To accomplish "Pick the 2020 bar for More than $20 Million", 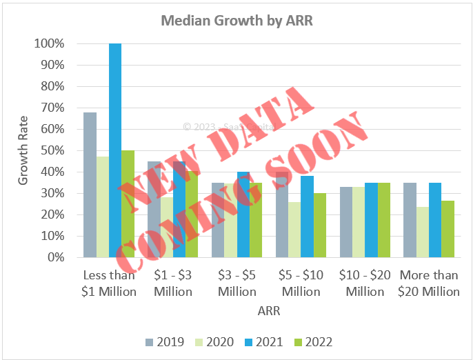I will [422, 232].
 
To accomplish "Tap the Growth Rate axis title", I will [23, 150].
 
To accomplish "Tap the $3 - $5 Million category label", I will [236, 283].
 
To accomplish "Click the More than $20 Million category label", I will [428, 283].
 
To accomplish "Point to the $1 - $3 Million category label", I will [173, 283].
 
